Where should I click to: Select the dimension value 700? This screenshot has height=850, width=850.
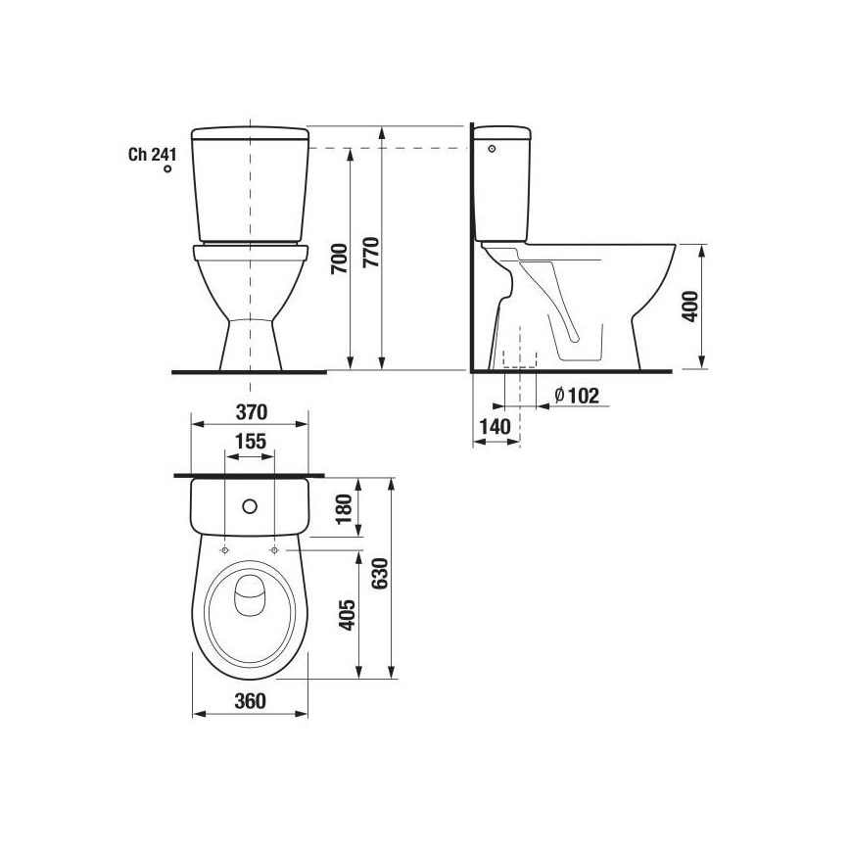pyautogui.click(x=339, y=260)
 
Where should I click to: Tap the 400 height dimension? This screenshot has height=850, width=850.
pyautogui.click(x=689, y=307)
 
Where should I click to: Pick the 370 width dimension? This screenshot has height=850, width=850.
pyautogui.click(x=251, y=409)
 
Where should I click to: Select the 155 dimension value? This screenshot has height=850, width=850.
pyautogui.click(x=251, y=441)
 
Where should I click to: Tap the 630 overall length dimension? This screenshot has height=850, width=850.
pyautogui.click(x=381, y=578)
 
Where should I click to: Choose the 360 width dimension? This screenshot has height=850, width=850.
pyautogui.click(x=251, y=700)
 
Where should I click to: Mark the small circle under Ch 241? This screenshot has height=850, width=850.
pyautogui.click(x=167, y=169)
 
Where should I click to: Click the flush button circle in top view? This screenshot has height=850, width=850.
pyautogui.click(x=250, y=507)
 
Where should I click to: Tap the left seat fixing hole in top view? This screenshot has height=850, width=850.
pyautogui.click(x=226, y=551)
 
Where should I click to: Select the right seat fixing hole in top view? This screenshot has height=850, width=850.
pyautogui.click(x=274, y=551)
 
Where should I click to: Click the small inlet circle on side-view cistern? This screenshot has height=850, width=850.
pyautogui.click(x=493, y=149)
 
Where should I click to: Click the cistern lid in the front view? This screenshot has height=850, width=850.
pyautogui.click(x=251, y=133)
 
